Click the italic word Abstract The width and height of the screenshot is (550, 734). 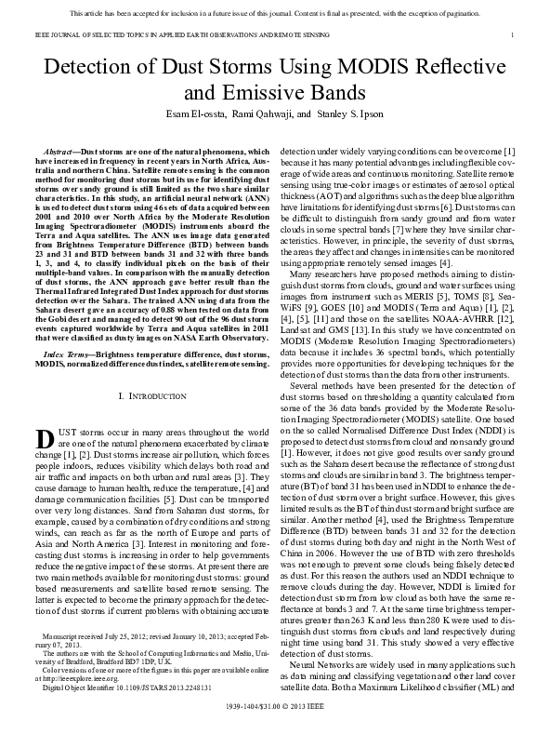coord(60,151)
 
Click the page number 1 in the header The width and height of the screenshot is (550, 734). coord(513,34)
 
